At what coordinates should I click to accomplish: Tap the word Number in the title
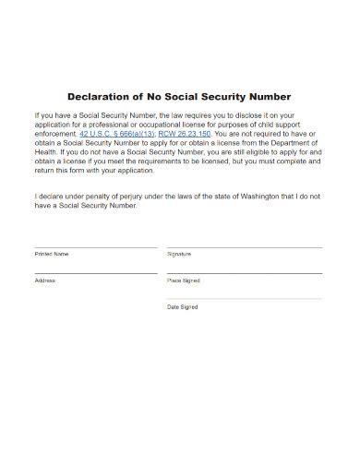pos(267,96)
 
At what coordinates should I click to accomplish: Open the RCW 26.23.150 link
pos(185,133)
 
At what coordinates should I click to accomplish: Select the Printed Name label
pos(51,254)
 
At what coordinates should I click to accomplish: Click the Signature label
pos(179,254)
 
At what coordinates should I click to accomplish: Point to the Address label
pos(45,280)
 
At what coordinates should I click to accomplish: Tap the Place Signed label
pos(183,280)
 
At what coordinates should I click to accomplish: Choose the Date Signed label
pos(182,306)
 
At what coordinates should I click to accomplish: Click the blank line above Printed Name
pos(96,247)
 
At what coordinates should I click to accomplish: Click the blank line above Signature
pos(245,247)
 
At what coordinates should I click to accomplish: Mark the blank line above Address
pos(96,273)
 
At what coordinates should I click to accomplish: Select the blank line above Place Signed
pos(245,273)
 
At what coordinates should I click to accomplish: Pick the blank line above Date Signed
pos(245,299)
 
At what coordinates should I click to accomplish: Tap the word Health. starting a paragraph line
pos(46,152)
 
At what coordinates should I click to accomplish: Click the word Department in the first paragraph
pos(297,143)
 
